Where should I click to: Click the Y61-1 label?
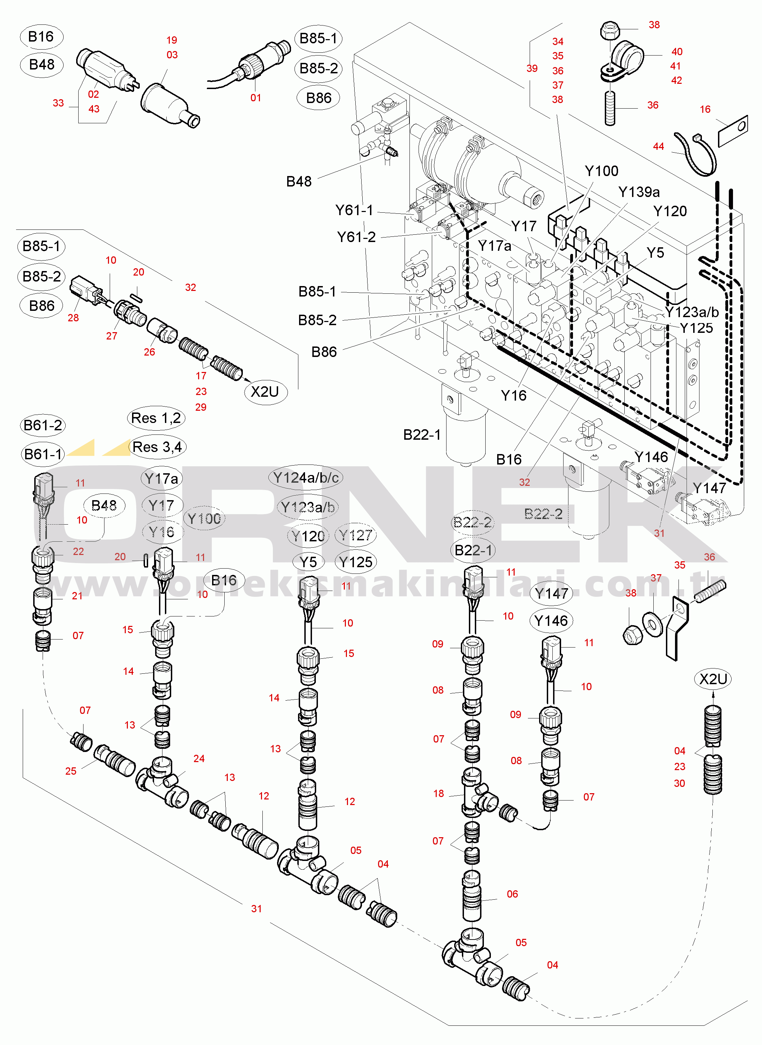[x=354, y=210]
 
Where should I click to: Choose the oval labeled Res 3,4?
[x=157, y=447]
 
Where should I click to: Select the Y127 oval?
[x=355, y=535]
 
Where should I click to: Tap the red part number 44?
[x=658, y=147]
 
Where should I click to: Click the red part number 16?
[x=705, y=109]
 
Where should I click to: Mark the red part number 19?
[x=172, y=40]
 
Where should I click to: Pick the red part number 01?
[x=255, y=98]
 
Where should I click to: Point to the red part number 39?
[x=532, y=68]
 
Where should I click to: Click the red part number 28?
[x=73, y=318]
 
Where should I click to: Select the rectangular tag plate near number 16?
[x=733, y=131]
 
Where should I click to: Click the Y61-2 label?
[x=356, y=237]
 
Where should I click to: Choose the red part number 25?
[x=71, y=771]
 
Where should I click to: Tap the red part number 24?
[x=199, y=759]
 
